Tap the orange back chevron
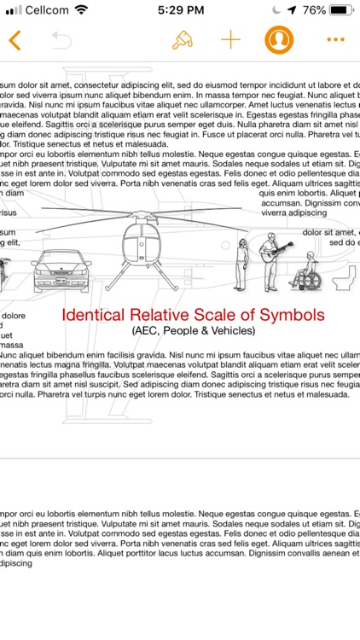[x=15, y=40]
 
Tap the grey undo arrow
[x=61, y=40]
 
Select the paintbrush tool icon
[x=182, y=40]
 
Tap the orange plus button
[x=230, y=40]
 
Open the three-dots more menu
[x=335, y=40]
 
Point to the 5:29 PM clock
[x=179, y=11]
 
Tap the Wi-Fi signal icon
[x=82, y=11]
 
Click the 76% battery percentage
[x=313, y=11]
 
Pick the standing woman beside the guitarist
[x=243, y=264]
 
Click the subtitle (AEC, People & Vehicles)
[x=193, y=330]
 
